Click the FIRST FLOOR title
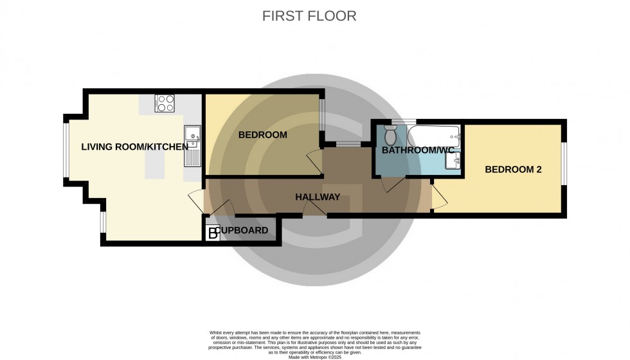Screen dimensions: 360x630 click(x=309, y=16)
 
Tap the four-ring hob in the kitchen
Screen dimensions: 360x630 click(x=165, y=104)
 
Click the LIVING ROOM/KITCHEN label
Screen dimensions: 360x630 click(x=134, y=147)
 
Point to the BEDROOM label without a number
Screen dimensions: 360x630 click(x=262, y=135)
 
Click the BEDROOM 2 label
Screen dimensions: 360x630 click(x=513, y=170)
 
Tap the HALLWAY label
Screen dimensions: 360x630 click(x=318, y=197)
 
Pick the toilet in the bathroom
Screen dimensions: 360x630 click(x=390, y=136)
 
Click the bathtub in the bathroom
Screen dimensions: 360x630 click(x=434, y=136)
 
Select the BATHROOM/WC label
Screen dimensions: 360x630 click(x=418, y=150)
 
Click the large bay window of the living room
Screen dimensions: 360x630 click(x=65, y=148)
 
